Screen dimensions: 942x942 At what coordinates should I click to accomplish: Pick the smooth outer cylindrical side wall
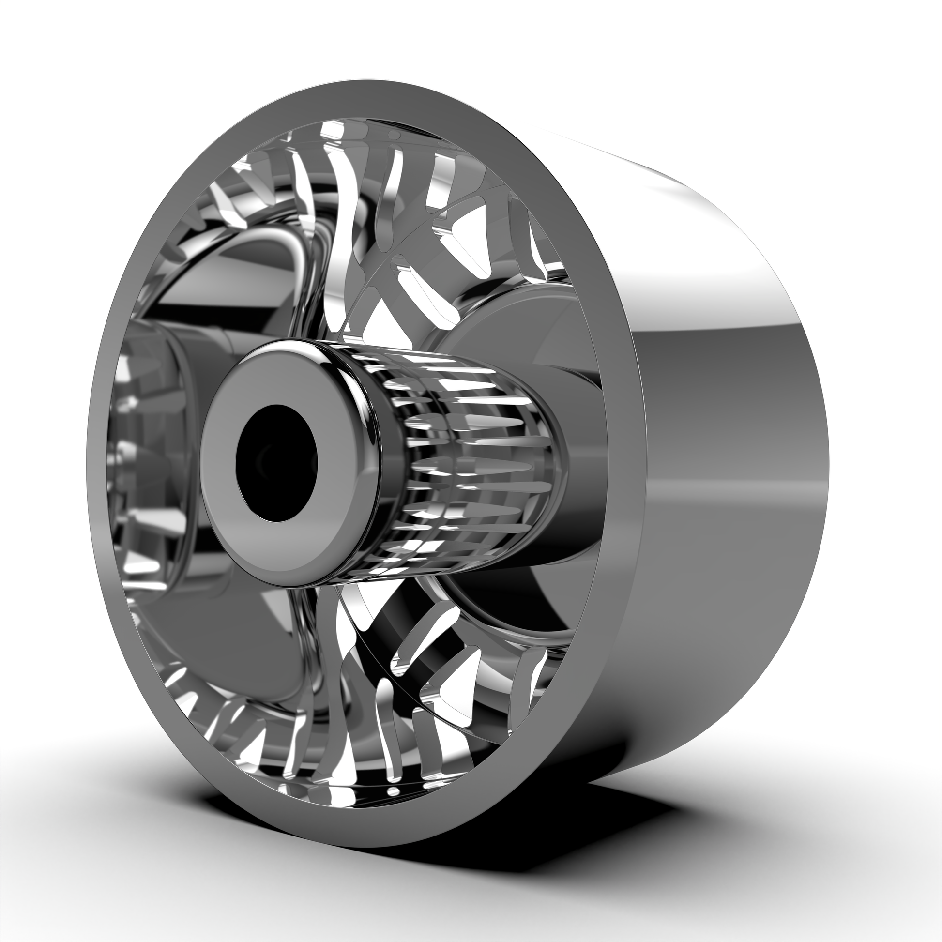click(722, 439)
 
